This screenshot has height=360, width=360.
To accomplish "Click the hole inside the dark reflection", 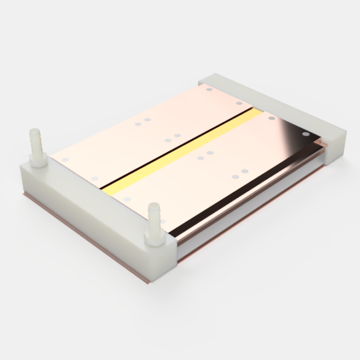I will tap(306, 134).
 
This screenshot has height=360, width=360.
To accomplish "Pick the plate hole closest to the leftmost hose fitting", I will tap(65, 160).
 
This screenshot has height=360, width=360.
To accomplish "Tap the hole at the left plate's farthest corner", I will tap(209, 90).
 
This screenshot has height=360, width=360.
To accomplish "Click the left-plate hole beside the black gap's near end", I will tap(95, 179).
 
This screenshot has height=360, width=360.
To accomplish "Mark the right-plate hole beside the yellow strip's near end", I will tap(128, 200).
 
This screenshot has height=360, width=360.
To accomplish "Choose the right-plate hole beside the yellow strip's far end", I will tap(271, 118).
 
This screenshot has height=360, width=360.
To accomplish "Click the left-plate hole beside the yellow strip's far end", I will tap(239, 103).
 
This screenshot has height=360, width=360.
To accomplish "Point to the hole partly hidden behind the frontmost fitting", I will tap(163, 221).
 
